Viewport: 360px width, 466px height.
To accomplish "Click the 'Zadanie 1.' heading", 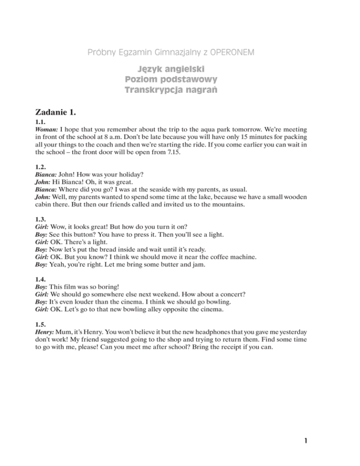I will click(59, 112).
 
